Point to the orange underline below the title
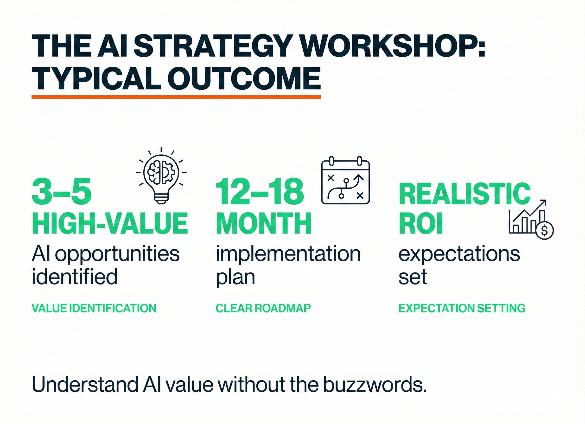[x=176, y=97]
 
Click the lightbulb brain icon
[x=161, y=175]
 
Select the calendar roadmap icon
[x=346, y=180]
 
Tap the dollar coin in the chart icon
[x=544, y=230]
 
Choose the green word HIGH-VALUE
[x=110, y=223]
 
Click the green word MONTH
[x=263, y=223]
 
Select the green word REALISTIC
[x=464, y=193]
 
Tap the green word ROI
[x=421, y=223]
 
